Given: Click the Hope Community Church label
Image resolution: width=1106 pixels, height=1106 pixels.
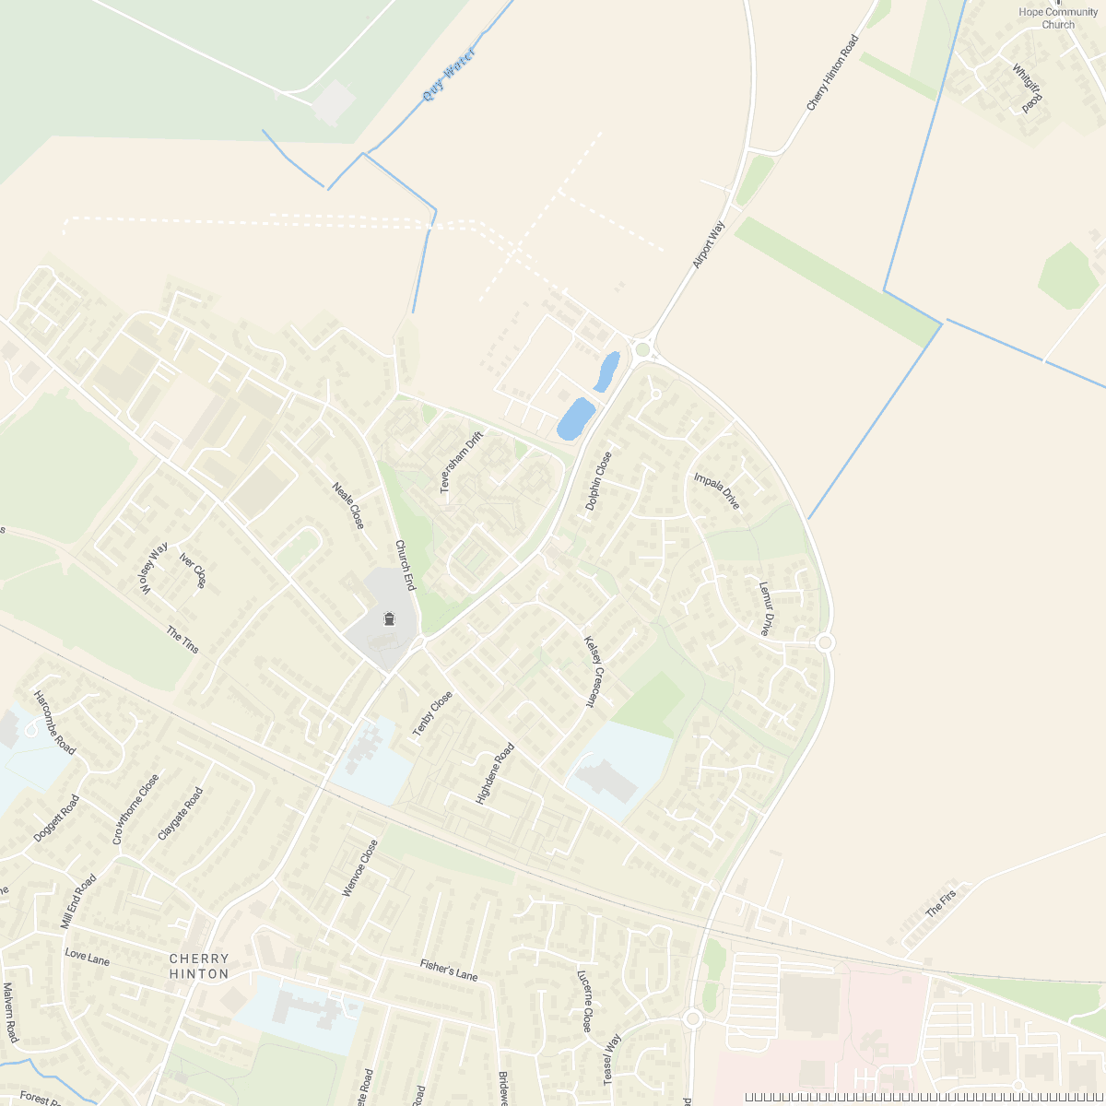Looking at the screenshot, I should coord(1058,18).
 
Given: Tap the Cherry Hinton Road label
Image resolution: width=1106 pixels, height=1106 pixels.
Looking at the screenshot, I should coord(832,74).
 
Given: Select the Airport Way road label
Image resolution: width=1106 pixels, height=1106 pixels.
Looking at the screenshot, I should coord(709,245).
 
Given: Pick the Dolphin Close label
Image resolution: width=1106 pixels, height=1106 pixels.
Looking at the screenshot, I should coord(598,481).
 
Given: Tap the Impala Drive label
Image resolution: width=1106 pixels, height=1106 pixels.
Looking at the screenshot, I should coord(716,491).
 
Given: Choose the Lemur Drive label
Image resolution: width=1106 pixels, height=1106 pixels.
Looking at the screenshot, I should coord(765,608).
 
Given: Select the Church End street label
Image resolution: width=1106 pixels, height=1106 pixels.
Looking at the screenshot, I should coord(406,565).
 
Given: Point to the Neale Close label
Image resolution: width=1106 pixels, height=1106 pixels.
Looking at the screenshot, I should coord(348,506).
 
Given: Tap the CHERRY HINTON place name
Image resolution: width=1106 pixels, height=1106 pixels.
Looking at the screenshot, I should coord(199,966).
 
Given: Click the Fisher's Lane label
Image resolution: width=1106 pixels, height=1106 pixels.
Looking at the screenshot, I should coord(449,970).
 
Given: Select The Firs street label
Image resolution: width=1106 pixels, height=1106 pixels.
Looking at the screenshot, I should coord(941,902).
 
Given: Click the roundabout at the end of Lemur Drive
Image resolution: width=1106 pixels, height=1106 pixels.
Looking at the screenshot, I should coord(825,642).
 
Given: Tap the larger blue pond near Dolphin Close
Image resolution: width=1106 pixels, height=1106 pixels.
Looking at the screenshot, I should coord(575,419).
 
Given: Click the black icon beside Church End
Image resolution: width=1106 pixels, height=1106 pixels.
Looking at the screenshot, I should coord(389,618).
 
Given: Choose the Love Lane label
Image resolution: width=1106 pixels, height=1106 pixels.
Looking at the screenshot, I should coord(88,958).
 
